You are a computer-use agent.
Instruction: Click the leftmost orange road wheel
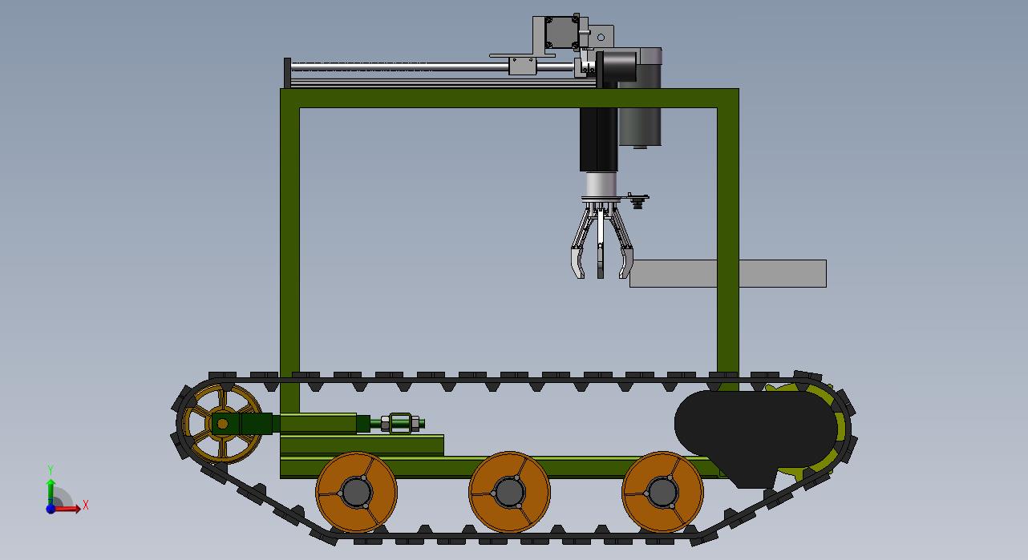[356, 492]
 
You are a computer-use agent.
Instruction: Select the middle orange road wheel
[509, 492]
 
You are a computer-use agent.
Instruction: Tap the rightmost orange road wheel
[662, 492]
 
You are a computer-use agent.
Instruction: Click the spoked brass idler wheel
[221, 424]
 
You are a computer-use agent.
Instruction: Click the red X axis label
[85, 506]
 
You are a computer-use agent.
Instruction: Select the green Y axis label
[51, 469]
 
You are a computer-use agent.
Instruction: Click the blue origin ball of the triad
[51, 509]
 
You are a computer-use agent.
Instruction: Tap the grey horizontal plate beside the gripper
[728, 273]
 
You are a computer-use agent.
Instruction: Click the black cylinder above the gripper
[598, 139]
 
